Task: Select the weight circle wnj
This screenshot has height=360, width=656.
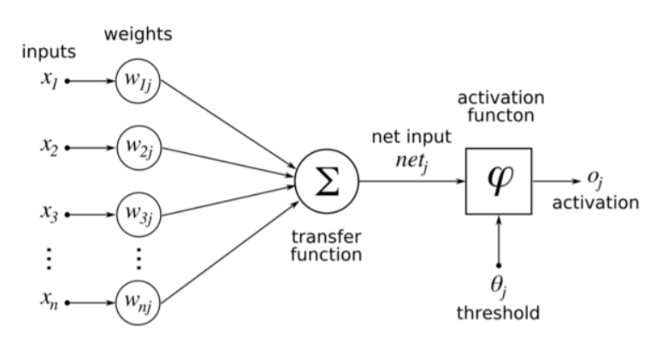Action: pos(138,302)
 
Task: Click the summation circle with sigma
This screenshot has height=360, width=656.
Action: pos(328,181)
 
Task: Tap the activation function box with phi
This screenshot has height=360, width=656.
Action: pos(499,181)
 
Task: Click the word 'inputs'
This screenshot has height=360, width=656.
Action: pos(49,52)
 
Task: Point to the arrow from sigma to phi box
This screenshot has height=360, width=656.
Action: pos(411,181)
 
